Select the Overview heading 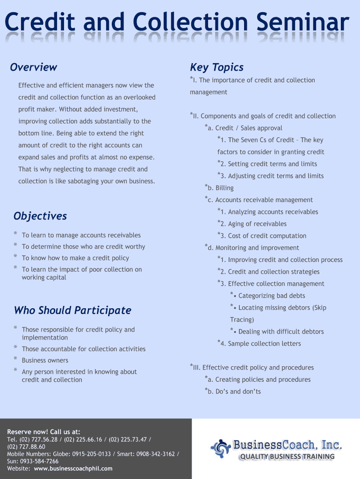[x=34, y=67]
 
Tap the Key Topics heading [x=216, y=67]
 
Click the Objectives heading [x=40, y=216]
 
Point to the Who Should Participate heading [x=72, y=311]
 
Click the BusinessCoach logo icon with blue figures [x=220, y=448]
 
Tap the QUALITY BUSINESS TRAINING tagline [x=287, y=457]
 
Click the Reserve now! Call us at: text [x=43, y=432]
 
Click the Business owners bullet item [x=45, y=361]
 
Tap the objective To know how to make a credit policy [x=75, y=258]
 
